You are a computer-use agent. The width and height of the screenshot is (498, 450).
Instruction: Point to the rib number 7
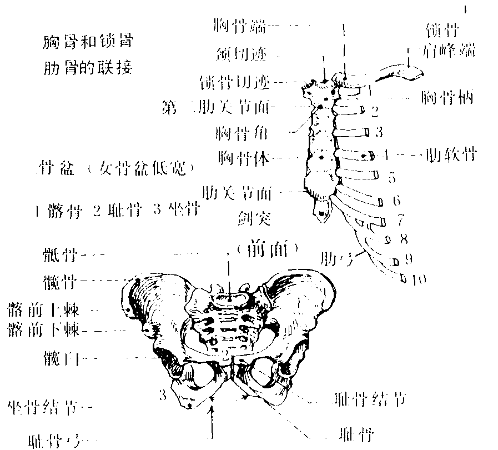tap(400, 220)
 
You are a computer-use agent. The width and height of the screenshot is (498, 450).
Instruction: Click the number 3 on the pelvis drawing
tap(163, 396)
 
